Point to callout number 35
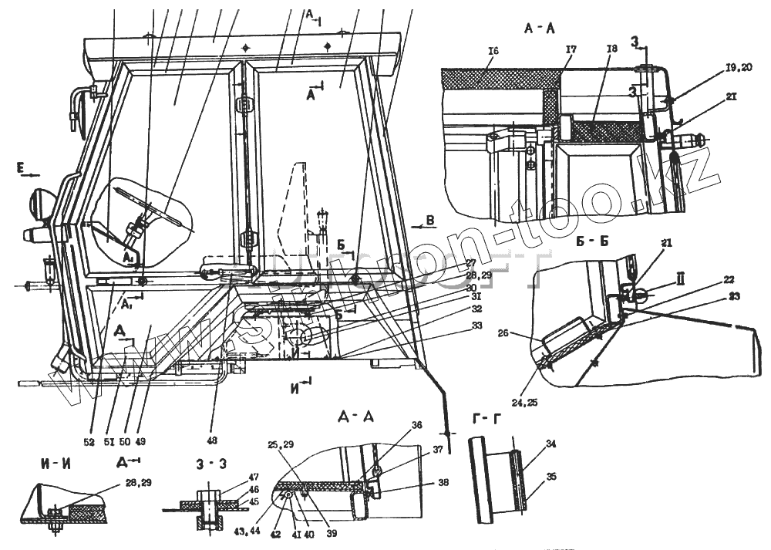pos(550,477)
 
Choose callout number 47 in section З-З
pos(252,479)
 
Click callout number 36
pos(416,424)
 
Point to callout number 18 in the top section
pos(612,49)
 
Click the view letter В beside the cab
pos(430,221)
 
